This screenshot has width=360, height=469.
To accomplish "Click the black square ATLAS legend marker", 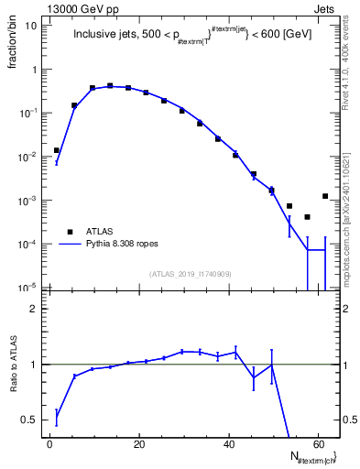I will [x=69, y=231].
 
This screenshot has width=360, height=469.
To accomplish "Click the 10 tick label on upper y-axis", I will [x=32, y=26].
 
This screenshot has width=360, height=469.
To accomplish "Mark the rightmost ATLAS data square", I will [x=325, y=196].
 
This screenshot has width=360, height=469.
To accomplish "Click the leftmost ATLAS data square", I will [x=57, y=150].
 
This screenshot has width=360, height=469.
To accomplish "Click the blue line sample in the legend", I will [x=69, y=245].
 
